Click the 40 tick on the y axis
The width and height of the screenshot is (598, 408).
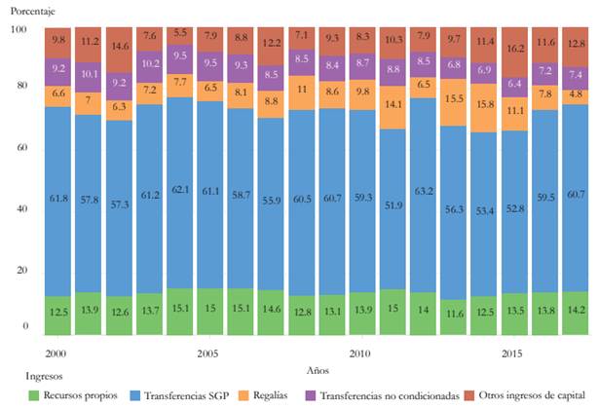click(x=20, y=209)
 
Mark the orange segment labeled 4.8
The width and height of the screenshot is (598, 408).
click(x=576, y=95)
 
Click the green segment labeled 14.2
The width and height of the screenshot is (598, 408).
click(x=576, y=313)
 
